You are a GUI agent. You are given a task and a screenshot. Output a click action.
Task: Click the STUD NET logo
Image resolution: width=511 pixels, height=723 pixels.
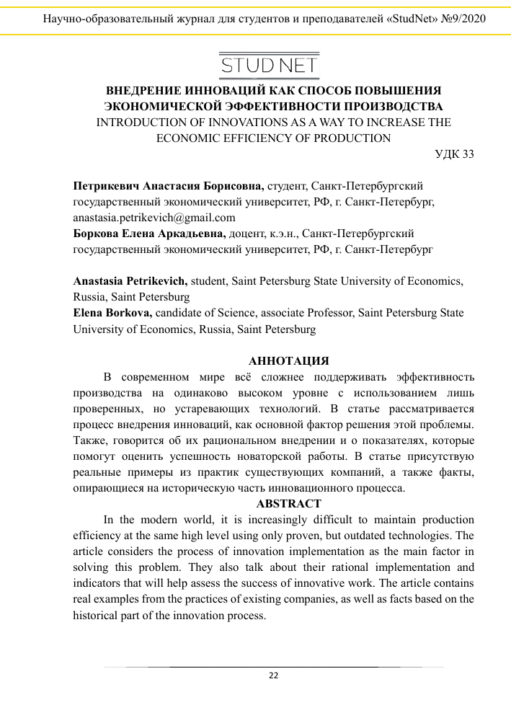point(269,65)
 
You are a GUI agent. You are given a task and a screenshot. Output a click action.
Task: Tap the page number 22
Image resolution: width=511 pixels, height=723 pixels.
point(273,675)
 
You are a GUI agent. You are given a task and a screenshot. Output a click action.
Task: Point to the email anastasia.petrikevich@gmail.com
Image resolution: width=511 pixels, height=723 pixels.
point(154,217)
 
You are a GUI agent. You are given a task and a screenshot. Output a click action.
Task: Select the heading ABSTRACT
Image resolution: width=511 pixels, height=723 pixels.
point(288,503)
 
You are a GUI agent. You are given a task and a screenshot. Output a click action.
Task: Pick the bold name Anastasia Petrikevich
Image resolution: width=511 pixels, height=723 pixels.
point(130,281)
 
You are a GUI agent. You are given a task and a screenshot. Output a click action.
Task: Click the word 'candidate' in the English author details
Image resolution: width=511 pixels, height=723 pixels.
point(180,313)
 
